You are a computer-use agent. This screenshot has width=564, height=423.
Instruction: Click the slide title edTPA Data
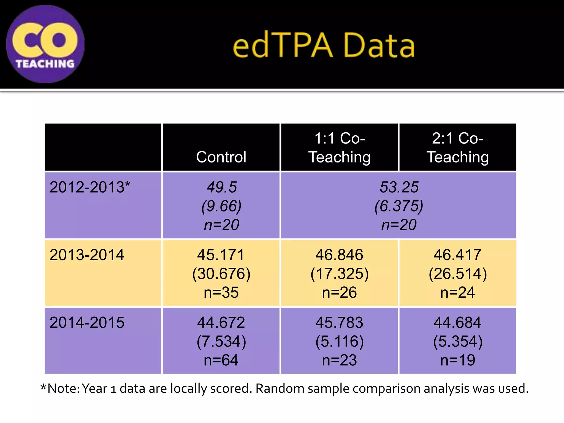pos(324,45)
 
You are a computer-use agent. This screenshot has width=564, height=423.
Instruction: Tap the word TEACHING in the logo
pos(45,64)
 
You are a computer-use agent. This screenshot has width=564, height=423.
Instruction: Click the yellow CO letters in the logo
pos(45,40)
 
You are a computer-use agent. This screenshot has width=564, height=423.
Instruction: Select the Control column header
pos(221,157)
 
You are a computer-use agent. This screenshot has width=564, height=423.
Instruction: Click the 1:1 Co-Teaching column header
pos(339,148)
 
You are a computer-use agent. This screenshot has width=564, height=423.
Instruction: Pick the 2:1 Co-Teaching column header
pos(457,148)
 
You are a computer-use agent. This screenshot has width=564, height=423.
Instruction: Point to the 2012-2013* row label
pos(90,187)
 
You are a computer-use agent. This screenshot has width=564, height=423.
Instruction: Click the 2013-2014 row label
pos(87,255)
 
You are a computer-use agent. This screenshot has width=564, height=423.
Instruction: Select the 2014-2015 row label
pos(87,322)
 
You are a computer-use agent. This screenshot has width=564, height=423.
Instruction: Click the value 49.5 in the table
pos(221,187)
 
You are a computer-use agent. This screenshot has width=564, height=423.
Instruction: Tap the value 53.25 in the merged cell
pos(399,187)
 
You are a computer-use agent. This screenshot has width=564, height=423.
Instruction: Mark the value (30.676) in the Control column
pos(221,274)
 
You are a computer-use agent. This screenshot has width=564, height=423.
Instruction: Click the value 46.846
pos(339,255)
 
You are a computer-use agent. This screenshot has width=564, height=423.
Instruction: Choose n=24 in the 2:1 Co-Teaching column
pos(457,292)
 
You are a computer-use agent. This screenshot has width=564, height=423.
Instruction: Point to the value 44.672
pos(221,322)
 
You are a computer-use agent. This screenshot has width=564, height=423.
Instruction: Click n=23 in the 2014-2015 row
pos(339,360)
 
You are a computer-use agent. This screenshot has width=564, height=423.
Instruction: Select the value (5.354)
pos(458,341)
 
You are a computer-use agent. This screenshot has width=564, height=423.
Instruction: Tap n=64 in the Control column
pos(221,360)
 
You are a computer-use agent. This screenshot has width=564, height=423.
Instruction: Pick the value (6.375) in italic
pos(399,206)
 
